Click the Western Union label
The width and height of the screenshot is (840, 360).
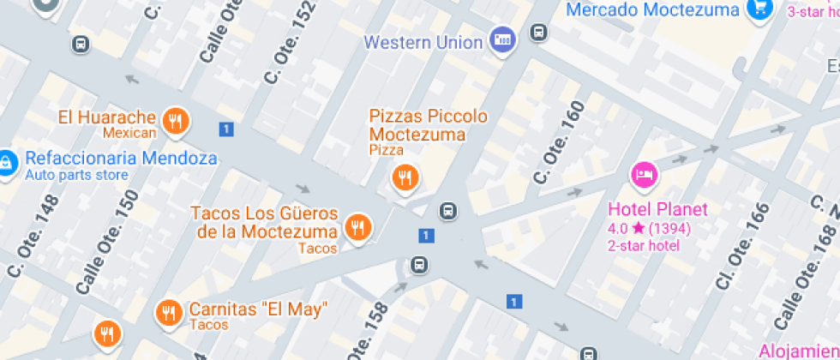point(423,41)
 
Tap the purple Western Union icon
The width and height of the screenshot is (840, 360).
point(501,39)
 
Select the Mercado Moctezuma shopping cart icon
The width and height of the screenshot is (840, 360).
point(759,9)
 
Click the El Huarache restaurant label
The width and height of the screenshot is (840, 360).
point(107,117)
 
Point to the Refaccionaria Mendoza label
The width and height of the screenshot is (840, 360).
point(121,159)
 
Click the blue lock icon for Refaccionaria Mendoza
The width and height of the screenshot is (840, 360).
point(6,162)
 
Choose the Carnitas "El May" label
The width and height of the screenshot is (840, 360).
point(258,309)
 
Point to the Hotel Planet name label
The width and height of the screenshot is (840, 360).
point(657,208)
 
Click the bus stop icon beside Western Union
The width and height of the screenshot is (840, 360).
point(538,33)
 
